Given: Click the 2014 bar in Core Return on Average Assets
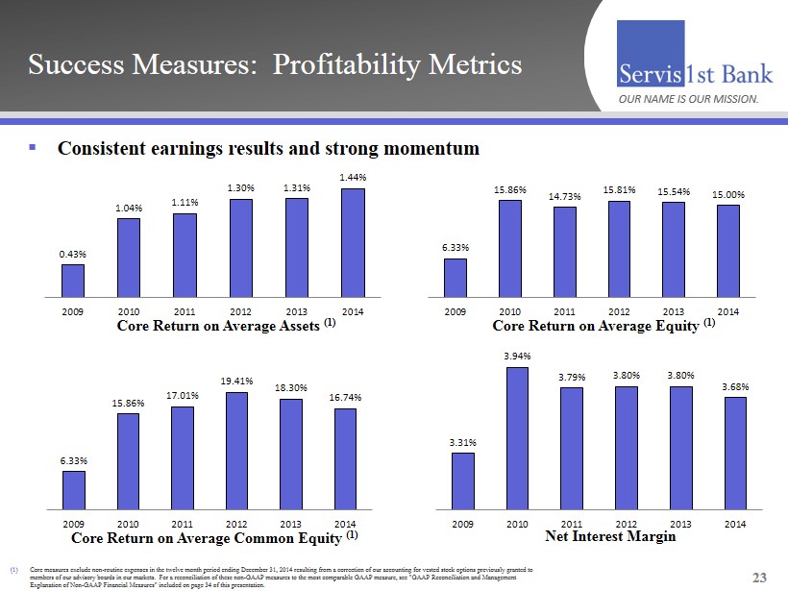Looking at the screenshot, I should (x=353, y=243).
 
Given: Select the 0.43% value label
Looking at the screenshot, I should (x=73, y=254).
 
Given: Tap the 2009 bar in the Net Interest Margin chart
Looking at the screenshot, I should (x=463, y=480).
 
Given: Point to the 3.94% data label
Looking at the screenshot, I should (x=517, y=357).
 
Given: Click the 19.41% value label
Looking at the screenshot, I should (x=235, y=381).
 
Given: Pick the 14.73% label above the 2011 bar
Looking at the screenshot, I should (x=565, y=196).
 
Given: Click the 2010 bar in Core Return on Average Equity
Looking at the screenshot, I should (x=509, y=248).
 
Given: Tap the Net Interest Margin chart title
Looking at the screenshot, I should (x=610, y=536).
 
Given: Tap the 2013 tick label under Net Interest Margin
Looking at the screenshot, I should (x=680, y=524).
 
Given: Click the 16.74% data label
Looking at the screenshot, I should (x=345, y=398).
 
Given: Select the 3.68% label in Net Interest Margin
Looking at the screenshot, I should (x=735, y=386).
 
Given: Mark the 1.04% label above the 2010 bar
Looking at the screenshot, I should (x=129, y=208).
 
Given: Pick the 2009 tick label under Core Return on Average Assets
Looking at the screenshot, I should (x=73, y=311).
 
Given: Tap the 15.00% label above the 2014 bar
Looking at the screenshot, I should (x=728, y=194).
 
